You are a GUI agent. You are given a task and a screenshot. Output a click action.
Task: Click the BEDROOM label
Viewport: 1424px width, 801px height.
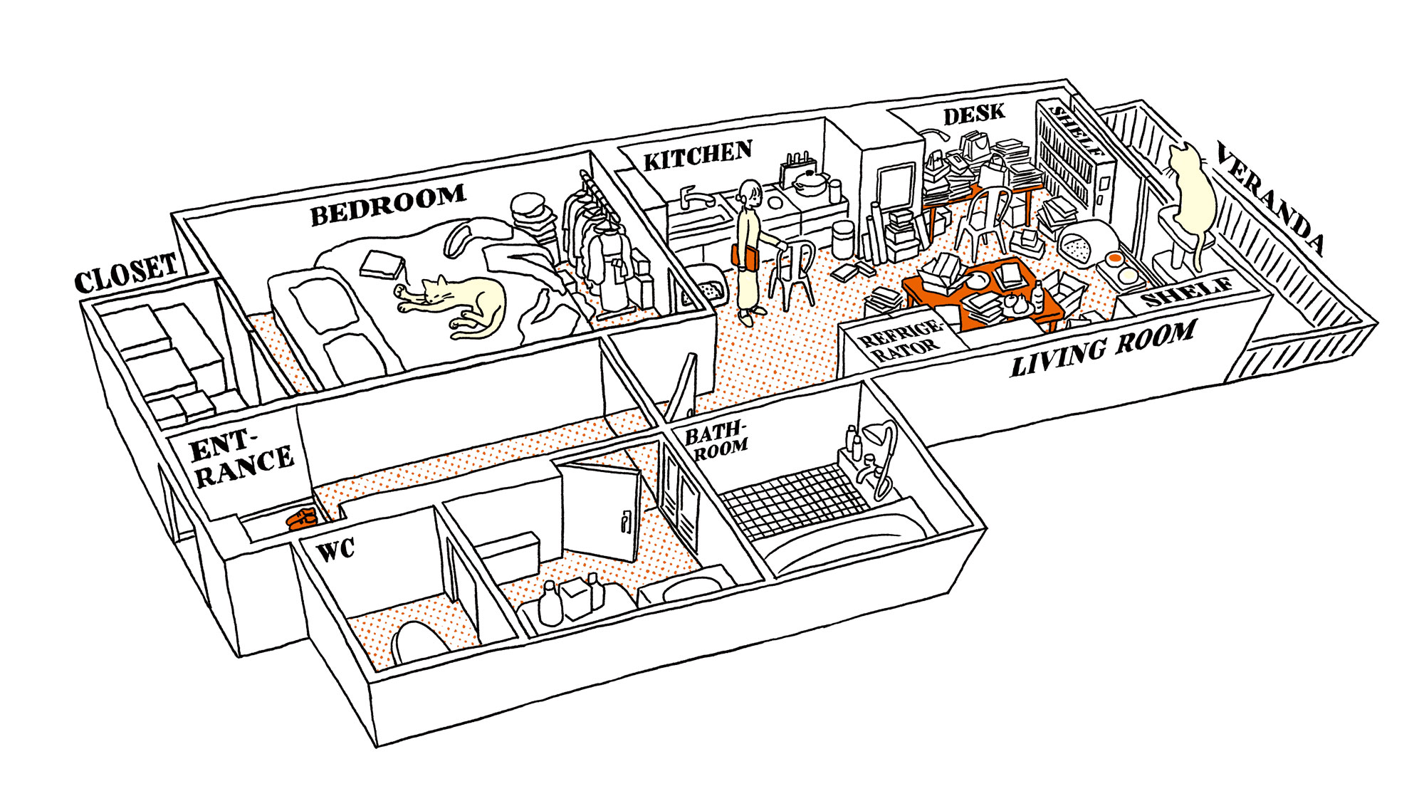pos(388,204)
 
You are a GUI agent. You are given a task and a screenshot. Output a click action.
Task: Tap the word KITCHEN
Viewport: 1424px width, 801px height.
pos(698,156)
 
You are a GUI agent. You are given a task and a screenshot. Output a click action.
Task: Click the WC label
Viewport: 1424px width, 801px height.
pos(335,550)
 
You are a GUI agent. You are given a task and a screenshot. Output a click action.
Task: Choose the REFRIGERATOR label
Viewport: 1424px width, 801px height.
pos(900,341)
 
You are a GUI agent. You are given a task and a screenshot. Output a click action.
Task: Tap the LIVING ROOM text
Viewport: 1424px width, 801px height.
pos(1104,348)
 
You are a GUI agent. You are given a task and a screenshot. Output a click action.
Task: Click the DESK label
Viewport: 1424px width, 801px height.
pos(974,114)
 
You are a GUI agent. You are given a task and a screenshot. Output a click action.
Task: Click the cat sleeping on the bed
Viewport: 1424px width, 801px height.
pos(456,303)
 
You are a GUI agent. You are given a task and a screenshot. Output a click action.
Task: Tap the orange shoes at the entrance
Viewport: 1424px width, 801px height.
pos(302,518)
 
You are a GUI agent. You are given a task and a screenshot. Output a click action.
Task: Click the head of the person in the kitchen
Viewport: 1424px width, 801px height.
pos(750,193)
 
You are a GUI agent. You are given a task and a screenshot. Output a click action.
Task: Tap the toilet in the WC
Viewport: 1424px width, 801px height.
pos(420,641)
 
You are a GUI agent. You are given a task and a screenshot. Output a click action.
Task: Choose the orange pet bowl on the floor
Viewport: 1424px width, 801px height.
pos(1115,258)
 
